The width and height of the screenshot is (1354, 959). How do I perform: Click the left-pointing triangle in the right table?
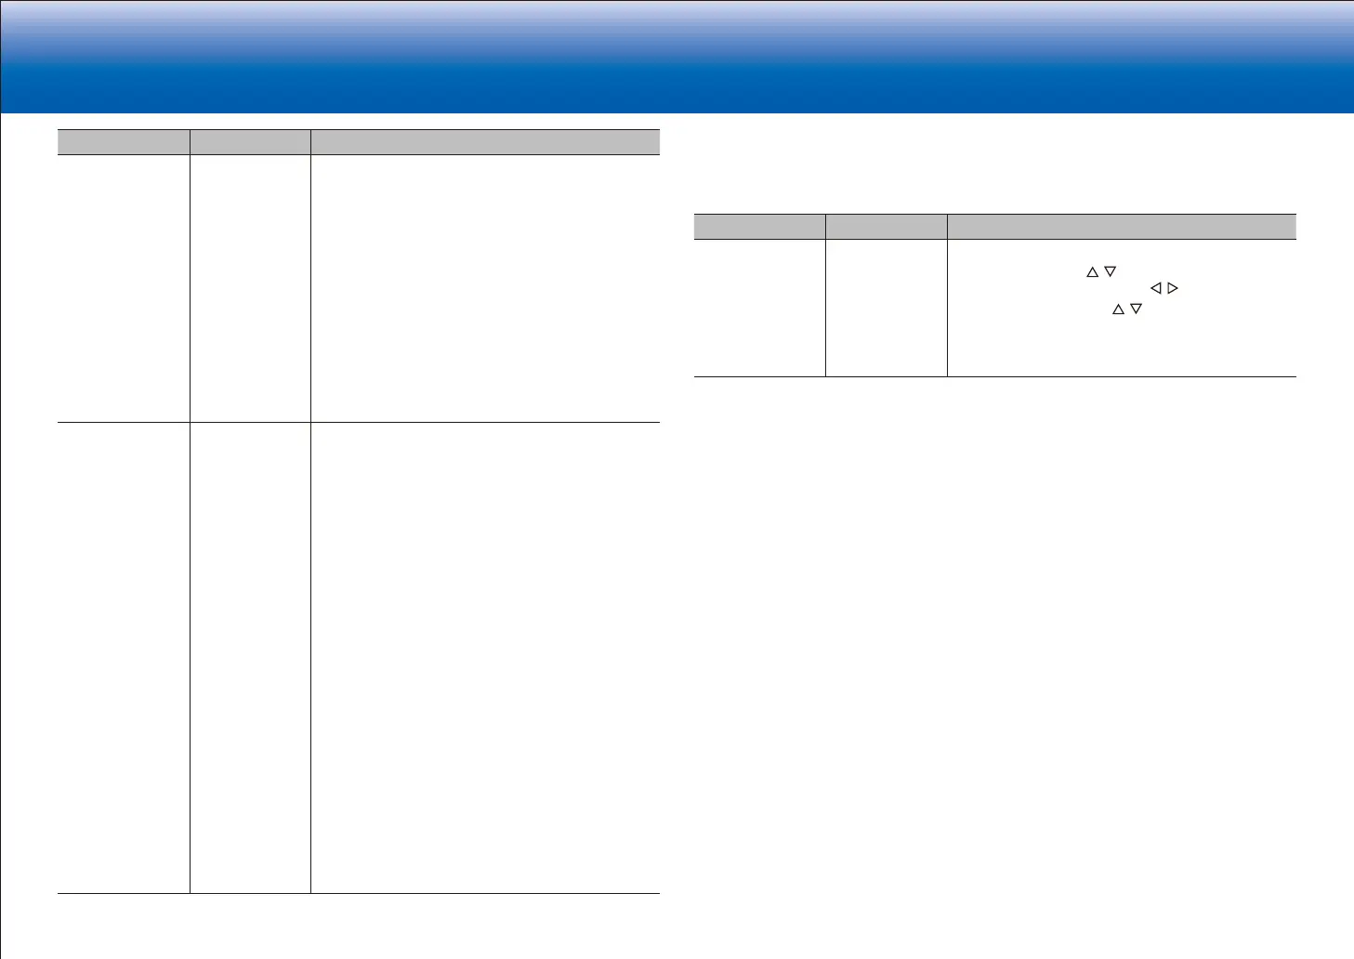1156,289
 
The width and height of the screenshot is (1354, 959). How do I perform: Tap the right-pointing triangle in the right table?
1173,289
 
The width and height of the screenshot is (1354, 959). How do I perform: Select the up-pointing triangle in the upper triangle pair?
1092,272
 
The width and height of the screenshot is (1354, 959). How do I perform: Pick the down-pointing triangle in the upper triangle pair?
1110,272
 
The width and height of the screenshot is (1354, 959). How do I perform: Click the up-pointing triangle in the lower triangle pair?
1118,309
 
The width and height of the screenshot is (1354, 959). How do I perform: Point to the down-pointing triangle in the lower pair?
1136,309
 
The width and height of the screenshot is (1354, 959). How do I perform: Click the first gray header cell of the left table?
124,142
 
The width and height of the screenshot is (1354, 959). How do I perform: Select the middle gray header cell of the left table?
250,142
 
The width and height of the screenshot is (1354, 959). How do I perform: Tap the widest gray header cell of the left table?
485,142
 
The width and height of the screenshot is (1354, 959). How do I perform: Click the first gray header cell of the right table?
759,227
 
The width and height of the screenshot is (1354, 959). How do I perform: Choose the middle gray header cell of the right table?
887,227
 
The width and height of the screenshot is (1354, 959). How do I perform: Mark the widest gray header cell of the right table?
1122,227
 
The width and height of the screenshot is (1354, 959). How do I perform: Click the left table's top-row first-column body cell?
124,288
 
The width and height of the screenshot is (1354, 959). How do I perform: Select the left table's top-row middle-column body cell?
250,288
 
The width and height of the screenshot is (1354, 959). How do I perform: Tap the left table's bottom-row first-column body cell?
124,658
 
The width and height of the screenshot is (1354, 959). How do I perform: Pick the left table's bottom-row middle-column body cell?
250,658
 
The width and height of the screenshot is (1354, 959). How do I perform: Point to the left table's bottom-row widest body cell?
485,658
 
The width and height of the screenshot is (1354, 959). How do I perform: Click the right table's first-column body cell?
759,308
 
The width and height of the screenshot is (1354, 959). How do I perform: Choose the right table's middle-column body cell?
887,308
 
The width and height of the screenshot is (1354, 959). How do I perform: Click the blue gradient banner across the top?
677,56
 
